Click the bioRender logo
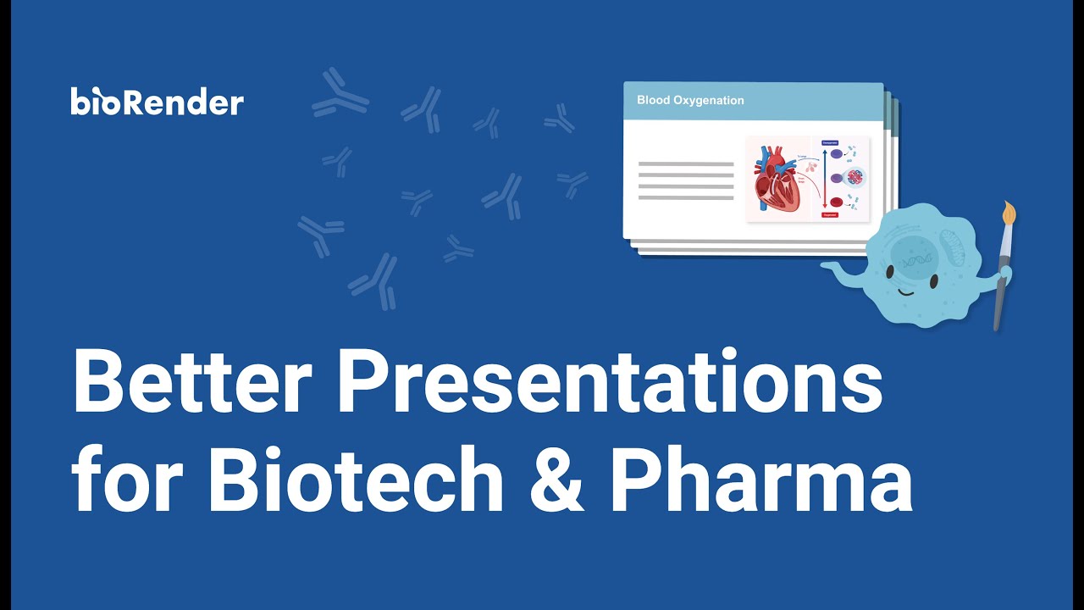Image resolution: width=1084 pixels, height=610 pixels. click(158, 102)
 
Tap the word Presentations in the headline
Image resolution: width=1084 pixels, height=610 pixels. click(610, 381)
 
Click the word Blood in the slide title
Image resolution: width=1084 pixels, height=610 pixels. click(653, 100)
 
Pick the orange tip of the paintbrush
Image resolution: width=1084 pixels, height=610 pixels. click(1008, 215)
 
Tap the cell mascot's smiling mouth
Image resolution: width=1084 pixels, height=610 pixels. click(904, 293)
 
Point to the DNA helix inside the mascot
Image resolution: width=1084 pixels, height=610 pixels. click(914, 263)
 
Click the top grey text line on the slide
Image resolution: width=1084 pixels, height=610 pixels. click(686, 164)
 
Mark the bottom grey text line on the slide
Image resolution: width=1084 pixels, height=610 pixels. click(686, 197)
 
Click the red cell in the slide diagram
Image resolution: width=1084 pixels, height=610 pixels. click(837, 202)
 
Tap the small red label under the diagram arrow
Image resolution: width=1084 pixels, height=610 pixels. click(830, 215)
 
